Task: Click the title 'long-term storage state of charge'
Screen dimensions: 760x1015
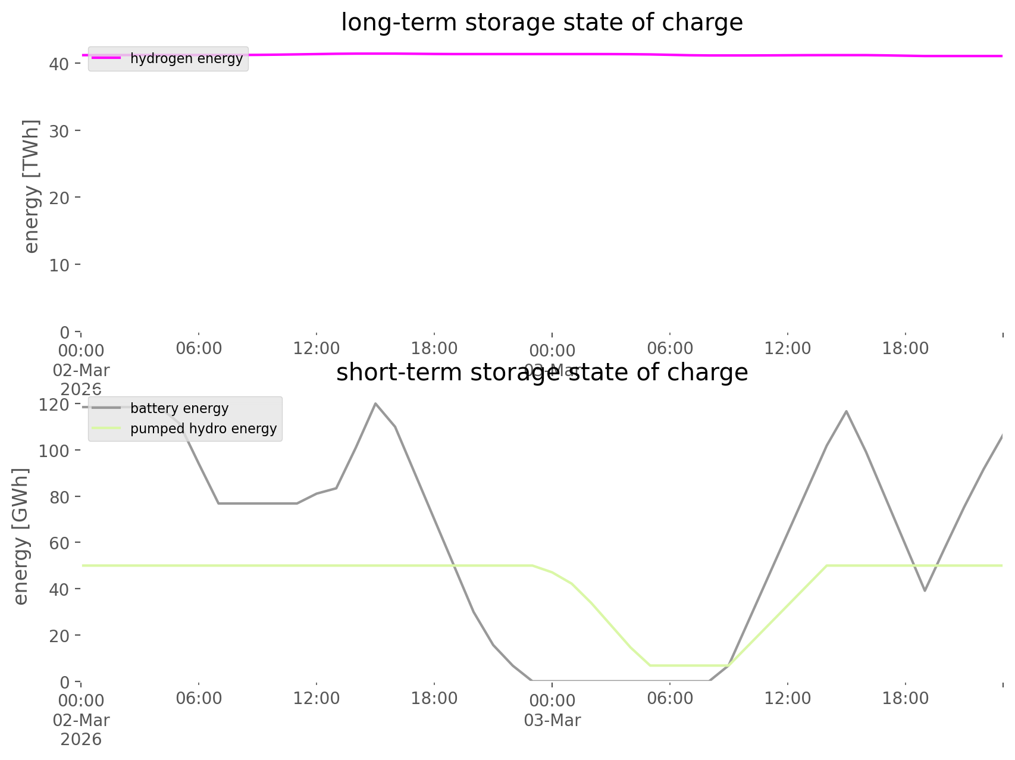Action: [x=542, y=23]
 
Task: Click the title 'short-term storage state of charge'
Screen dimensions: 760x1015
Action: [x=542, y=373]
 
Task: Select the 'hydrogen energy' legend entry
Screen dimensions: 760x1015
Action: [x=186, y=58]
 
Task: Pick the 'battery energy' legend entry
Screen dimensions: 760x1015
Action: [x=179, y=408]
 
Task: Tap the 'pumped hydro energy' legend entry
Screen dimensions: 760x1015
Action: [x=203, y=429]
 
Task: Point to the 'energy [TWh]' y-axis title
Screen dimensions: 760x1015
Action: [x=32, y=186]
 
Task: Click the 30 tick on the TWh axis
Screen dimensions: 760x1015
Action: [x=59, y=131]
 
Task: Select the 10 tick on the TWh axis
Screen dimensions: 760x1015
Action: [x=59, y=265]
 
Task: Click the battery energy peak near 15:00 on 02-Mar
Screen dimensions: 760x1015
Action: [x=375, y=404]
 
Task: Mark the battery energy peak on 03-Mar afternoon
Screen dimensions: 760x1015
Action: [x=846, y=411]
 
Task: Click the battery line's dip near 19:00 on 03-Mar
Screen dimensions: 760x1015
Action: [x=925, y=590]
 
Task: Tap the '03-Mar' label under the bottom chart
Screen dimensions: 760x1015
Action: [x=552, y=720]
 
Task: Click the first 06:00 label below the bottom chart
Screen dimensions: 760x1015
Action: [x=199, y=698]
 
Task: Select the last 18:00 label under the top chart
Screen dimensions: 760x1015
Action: [x=905, y=348]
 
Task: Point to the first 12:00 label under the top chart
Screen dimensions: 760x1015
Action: [x=317, y=348]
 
